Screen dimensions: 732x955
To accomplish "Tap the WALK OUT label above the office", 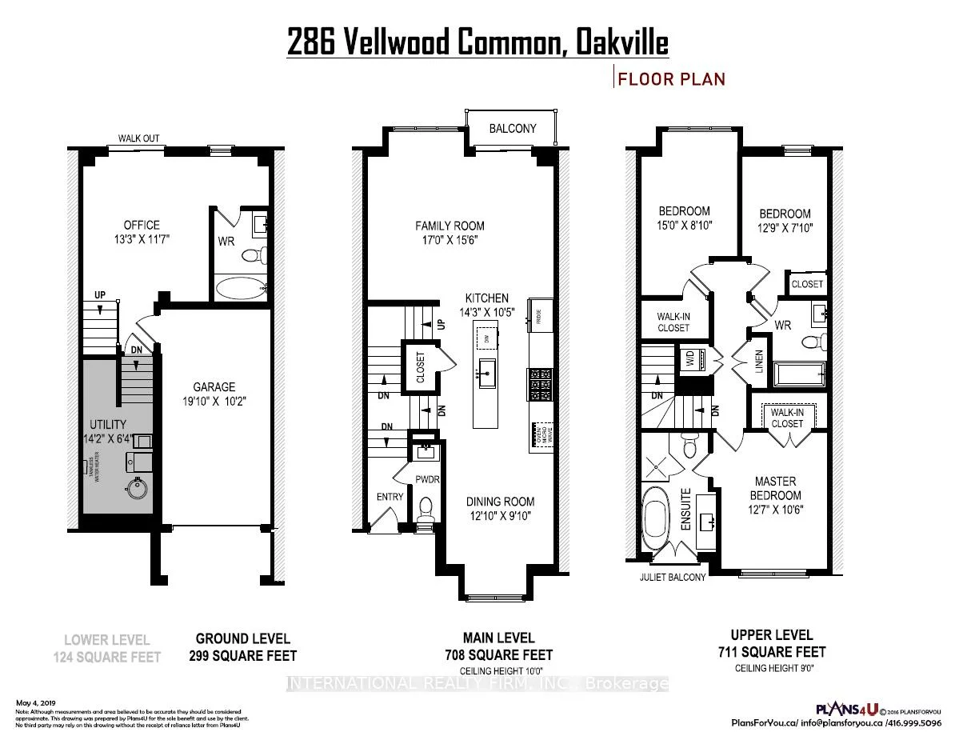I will (139, 138).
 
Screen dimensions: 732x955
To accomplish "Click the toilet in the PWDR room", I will (427, 506).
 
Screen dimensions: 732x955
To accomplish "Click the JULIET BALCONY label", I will (673, 577).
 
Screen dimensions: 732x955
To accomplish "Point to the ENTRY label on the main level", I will (390, 497).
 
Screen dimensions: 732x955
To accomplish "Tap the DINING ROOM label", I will (501, 502).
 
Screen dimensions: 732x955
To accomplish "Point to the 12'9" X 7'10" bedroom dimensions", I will (785, 226).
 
